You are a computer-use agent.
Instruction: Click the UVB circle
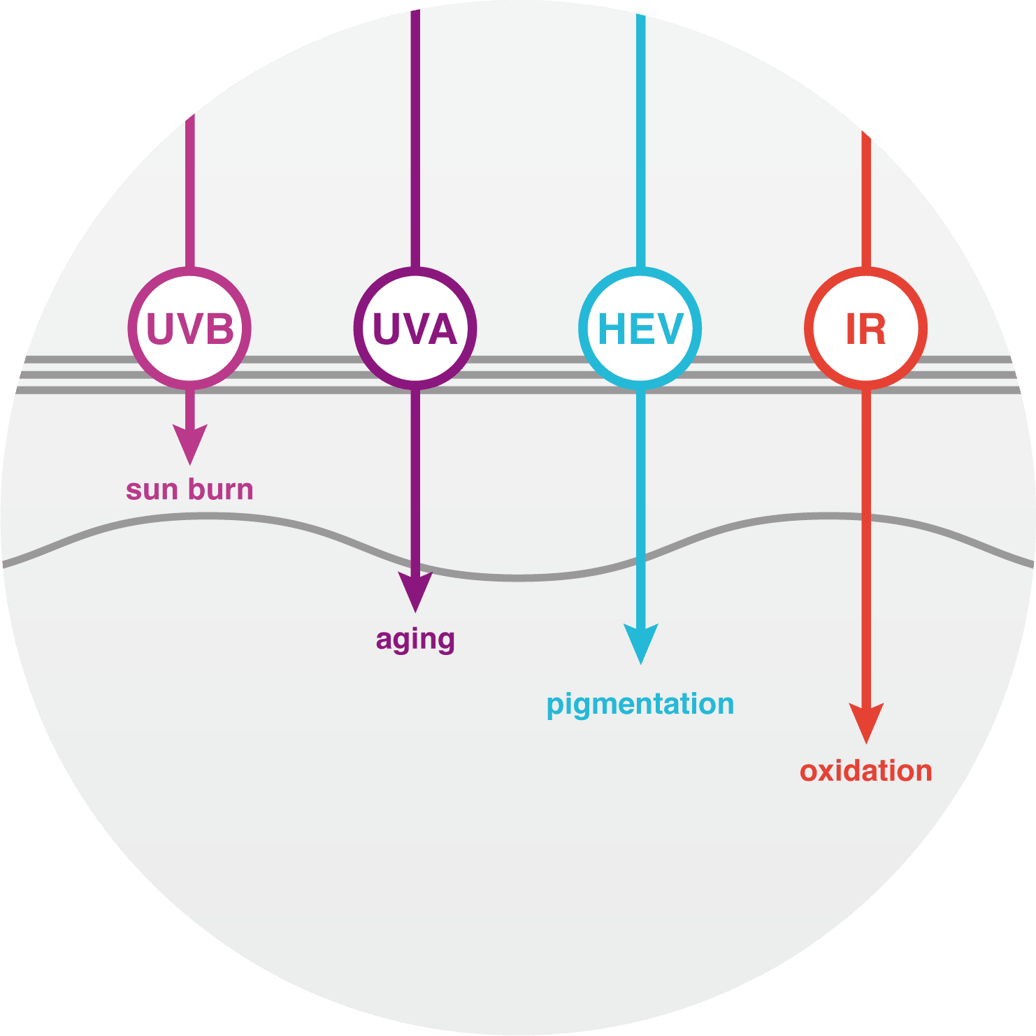(x=189, y=327)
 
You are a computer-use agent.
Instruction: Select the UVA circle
(x=415, y=327)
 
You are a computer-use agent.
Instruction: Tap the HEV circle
(x=640, y=327)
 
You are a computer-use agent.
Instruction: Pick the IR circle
(x=866, y=327)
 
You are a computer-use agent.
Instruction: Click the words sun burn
(x=189, y=489)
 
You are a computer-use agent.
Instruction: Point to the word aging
(x=415, y=639)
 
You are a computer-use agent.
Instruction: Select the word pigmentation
(x=640, y=704)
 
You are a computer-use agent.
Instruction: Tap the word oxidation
(x=866, y=771)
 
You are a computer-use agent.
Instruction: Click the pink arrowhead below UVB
(x=189, y=443)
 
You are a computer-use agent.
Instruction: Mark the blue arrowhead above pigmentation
(x=640, y=643)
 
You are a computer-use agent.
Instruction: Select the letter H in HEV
(x=611, y=329)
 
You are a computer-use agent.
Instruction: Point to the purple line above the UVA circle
(x=415, y=140)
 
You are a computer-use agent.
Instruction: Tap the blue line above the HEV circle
(x=640, y=140)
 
